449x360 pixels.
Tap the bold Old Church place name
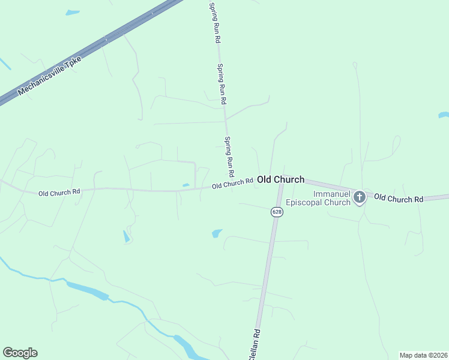[280, 179]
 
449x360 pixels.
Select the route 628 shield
[276, 212]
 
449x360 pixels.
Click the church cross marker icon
[359, 197]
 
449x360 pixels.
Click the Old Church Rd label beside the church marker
[399, 198]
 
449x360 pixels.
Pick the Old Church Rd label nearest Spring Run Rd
[232, 184]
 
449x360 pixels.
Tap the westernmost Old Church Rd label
[59, 193]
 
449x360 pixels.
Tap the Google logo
[20, 353]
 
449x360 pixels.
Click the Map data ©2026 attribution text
[423, 355]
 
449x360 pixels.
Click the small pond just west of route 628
[217, 233]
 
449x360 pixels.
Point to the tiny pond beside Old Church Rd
[185, 185]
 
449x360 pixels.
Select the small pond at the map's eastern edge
[444, 114]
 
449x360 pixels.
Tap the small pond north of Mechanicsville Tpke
[72, 12]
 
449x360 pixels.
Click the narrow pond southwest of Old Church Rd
[126, 236]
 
